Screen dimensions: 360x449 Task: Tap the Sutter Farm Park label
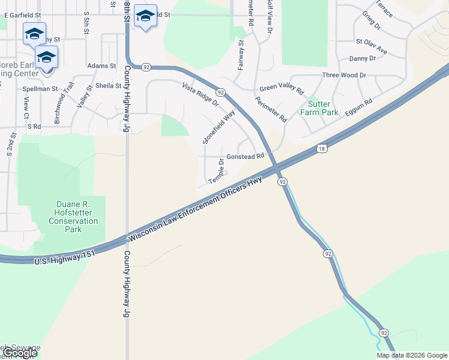tap(319, 108)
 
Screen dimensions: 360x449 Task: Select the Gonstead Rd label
tap(246, 156)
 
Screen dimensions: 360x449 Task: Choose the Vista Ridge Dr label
tap(200, 94)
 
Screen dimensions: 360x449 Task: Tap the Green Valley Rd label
tap(282, 88)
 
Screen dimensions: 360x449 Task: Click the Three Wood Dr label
tap(344, 75)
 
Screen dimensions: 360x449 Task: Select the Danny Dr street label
tap(362, 58)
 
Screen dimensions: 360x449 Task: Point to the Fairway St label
tap(241, 55)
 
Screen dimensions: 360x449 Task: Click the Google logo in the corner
tap(20, 353)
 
